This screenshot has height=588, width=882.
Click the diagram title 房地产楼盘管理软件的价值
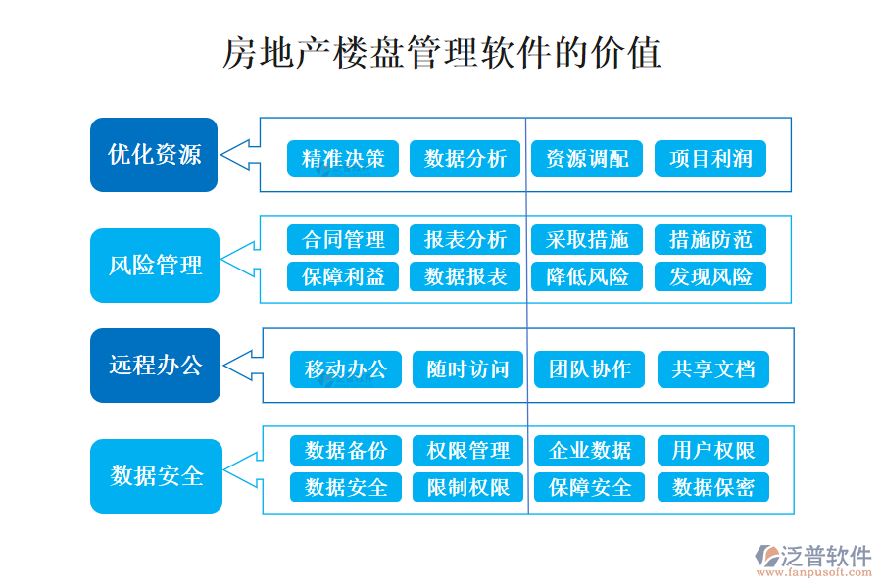442,53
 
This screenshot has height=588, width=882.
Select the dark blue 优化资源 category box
154,155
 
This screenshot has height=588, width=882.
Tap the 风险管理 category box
155,265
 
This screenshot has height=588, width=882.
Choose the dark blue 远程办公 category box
155,366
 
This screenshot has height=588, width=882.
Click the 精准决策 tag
343,159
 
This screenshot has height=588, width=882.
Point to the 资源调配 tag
587,159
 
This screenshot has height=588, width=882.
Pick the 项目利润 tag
710,159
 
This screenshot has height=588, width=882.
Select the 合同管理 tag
343,239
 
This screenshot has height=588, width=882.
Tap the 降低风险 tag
587,276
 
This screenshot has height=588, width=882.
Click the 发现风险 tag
710,276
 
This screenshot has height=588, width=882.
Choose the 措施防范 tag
710,239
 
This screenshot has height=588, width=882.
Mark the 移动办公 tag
346,369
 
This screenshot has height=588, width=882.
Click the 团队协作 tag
590,369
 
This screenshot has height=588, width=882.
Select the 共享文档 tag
712,369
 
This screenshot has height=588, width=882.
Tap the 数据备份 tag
346,450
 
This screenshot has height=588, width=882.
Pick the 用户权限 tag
712,450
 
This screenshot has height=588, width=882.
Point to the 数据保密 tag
712,487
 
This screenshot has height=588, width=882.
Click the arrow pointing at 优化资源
239,154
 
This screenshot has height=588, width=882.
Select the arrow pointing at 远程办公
242,366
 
